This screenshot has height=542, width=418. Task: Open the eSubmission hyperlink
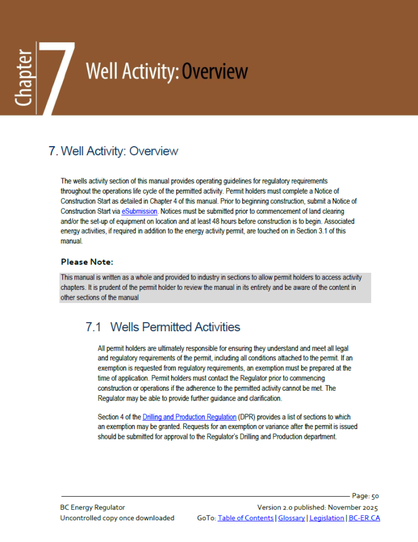pos(139,211)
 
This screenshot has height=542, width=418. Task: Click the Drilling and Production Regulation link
pos(190,417)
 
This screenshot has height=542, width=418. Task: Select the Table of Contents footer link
pos(246,518)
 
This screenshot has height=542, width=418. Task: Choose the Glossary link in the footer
pos(292,518)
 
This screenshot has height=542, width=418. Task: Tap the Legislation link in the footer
pos(327,518)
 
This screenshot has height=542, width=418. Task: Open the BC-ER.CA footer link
pos(364,518)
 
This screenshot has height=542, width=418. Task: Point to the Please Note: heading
pos(87,262)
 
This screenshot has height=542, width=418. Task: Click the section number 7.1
pos(93,327)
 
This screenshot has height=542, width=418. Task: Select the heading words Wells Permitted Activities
pos(175,327)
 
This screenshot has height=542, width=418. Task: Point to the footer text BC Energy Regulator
pos(92,507)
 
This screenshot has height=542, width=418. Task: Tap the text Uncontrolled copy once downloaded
pos(117,518)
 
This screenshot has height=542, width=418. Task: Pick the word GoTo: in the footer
pos(206,518)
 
